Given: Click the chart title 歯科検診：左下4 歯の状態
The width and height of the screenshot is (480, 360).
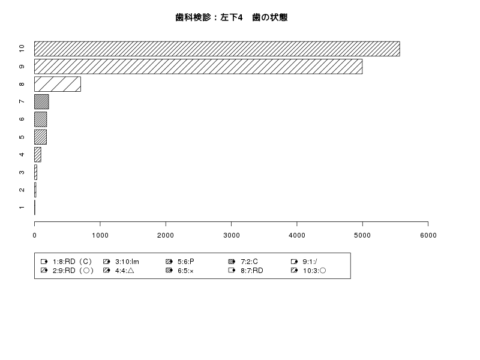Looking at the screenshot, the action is pyautogui.click(x=232, y=17).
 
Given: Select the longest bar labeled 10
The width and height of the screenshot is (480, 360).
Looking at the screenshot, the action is pyautogui.click(x=217, y=49).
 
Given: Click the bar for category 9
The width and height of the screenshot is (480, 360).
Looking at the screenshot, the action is pyautogui.click(x=199, y=67).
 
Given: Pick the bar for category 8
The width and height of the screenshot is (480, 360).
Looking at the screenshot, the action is pyautogui.click(x=58, y=84).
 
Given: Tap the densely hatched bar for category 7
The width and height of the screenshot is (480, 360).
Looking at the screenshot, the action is pyautogui.click(x=41, y=101).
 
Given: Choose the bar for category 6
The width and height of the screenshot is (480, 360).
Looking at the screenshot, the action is pyautogui.click(x=40, y=119).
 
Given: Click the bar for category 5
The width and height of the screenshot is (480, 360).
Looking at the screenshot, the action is pyautogui.click(x=40, y=137).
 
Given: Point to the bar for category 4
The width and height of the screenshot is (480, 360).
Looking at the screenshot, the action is pyautogui.click(x=38, y=155).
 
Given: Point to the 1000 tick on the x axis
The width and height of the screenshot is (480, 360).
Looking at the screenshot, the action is pyautogui.click(x=100, y=224).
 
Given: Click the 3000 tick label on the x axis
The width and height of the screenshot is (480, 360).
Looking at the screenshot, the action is pyautogui.click(x=232, y=235).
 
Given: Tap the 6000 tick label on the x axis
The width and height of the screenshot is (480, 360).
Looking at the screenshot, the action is pyautogui.click(x=428, y=235).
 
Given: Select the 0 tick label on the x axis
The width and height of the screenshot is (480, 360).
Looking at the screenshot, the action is pyautogui.click(x=35, y=235).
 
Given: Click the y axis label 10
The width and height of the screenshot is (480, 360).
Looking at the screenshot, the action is pyautogui.click(x=22, y=49).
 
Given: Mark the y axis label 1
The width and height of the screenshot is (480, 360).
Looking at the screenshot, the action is pyautogui.click(x=22, y=207).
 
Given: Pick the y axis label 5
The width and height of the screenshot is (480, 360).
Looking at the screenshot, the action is pyautogui.click(x=22, y=137).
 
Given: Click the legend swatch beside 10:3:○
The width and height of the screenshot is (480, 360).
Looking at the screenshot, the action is pyautogui.click(x=294, y=271).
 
